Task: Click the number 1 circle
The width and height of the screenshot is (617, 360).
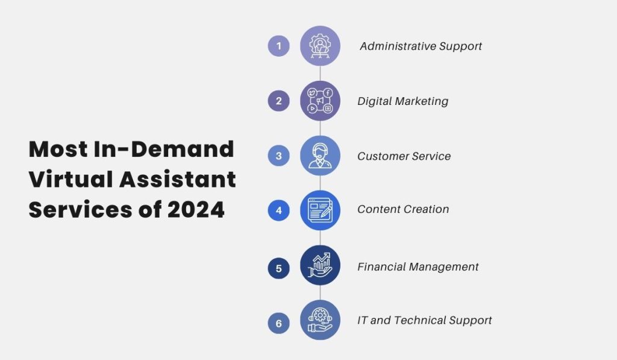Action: click(x=278, y=46)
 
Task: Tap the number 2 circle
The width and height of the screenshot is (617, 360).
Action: click(x=278, y=101)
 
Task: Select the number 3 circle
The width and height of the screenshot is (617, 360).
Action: click(x=278, y=156)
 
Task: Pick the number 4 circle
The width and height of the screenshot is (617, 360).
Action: click(x=278, y=210)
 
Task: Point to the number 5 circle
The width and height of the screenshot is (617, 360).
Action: click(x=278, y=268)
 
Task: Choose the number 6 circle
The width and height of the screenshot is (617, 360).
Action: click(x=278, y=323)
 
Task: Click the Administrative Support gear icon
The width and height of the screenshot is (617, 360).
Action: click(x=320, y=46)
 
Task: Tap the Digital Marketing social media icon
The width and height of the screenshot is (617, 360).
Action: click(x=320, y=101)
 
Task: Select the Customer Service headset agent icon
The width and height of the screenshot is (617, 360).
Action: click(x=320, y=156)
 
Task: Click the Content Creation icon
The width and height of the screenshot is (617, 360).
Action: click(x=320, y=210)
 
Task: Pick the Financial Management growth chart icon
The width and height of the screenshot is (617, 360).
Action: click(x=320, y=266)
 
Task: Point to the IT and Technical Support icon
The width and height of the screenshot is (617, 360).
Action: click(x=320, y=320)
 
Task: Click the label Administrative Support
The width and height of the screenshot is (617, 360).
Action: click(x=421, y=46)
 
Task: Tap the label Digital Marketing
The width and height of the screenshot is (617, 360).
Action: click(x=402, y=101)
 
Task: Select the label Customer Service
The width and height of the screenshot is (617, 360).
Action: click(x=404, y=156)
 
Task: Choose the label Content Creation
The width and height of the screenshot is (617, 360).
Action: click(x=403, y=209)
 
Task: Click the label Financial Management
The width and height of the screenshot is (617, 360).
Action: click(x=418, y=267)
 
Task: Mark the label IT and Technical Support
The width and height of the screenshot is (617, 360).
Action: click(x=425, y=320)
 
